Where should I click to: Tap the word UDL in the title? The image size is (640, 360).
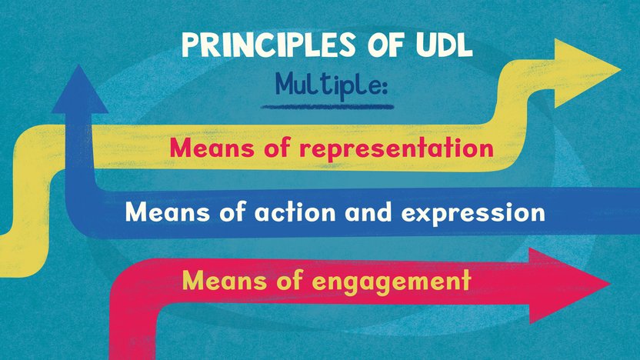point(444,45)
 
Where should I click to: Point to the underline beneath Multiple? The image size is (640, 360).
point(328,107)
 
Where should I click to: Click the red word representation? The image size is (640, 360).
point(396,148)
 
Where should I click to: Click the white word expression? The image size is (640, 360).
point(473,214)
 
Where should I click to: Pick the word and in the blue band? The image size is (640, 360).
point(368,212)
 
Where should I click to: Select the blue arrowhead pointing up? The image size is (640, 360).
point(79,91)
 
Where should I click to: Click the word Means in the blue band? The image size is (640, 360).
point(168,212)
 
